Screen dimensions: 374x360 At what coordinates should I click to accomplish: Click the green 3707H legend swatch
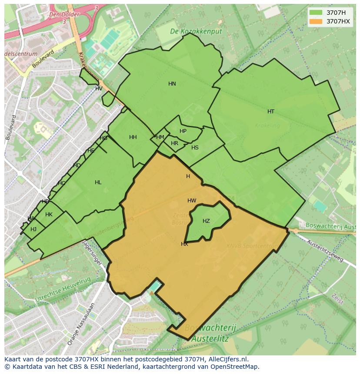click(316, 12)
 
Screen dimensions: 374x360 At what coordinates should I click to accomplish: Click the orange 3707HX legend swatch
click(316, 21)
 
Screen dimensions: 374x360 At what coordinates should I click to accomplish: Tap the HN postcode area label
click(172, 84)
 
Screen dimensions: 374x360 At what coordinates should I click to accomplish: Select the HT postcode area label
click(271, 112)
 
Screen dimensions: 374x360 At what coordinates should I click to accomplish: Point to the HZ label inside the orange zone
click(206, 221)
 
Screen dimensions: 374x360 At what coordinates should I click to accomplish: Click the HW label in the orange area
click(192, 201)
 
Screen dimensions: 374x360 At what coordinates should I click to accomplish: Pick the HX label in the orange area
click(184, 244)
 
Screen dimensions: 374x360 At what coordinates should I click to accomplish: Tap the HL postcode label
click(98, 182)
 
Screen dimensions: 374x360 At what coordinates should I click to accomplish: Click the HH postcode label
click(133, 137)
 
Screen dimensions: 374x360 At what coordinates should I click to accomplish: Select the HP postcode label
click(183, 131)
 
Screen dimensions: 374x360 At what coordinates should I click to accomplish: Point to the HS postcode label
click(195, 148)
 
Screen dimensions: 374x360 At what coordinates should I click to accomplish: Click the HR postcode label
click(174, 143)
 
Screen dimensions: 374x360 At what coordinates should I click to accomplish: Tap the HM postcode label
click(160, 137)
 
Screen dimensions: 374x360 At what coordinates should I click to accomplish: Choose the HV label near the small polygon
click(99, 89)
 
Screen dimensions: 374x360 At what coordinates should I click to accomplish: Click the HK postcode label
click(49, 215)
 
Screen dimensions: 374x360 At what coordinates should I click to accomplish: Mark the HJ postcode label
click(33, 229)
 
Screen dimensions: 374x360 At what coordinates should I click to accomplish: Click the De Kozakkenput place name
click(196, 31)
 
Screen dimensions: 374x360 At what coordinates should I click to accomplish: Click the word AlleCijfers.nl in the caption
click(228, 359)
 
